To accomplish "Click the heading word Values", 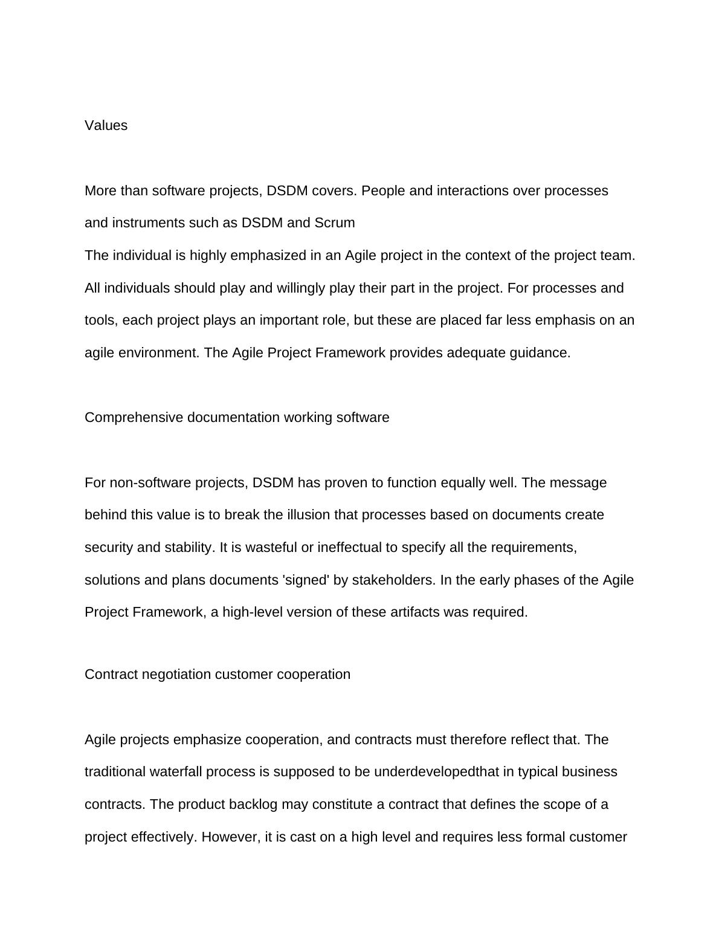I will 106,126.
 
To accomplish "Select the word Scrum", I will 334,223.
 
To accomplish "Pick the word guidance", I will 540,353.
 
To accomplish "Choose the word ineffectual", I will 350,548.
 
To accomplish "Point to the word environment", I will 152,353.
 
